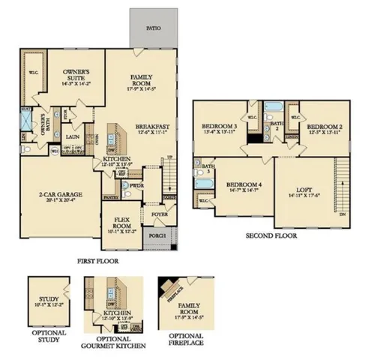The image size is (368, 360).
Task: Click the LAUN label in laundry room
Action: coord(73,137)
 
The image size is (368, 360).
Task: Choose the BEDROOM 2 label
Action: coord(324,127)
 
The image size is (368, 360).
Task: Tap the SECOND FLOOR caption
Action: coord(271,235)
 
